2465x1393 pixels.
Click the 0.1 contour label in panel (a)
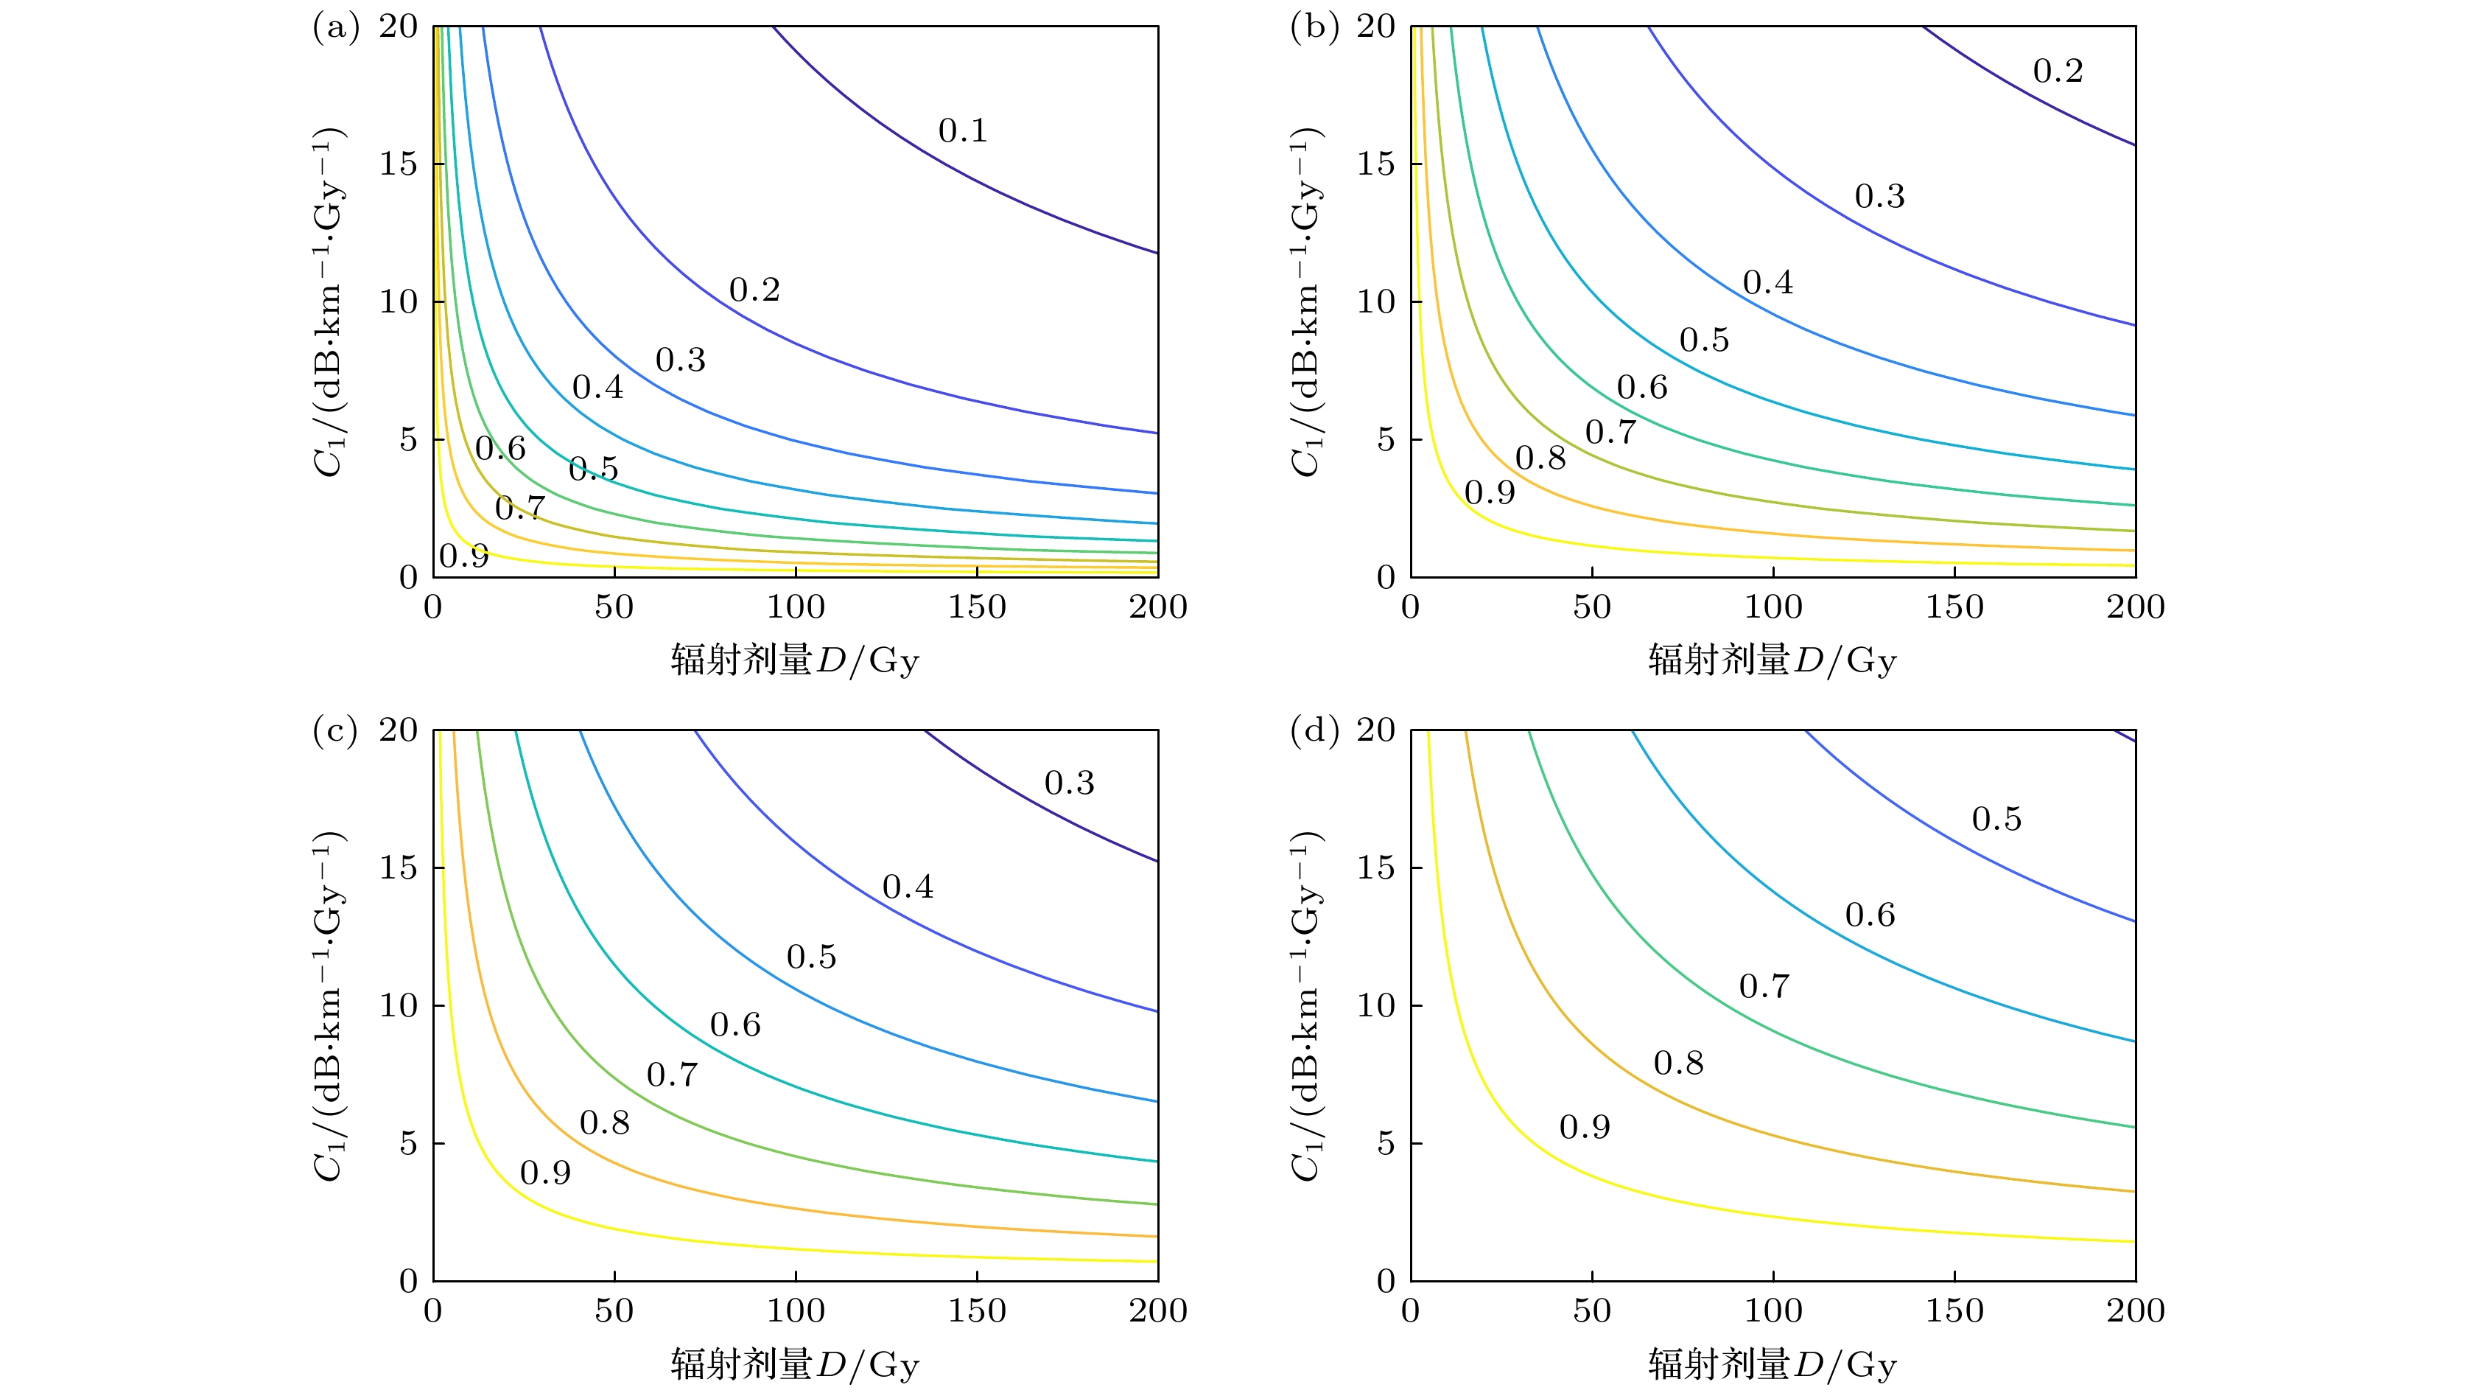tap(963, 131)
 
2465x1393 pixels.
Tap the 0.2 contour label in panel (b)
tap(2058, 71)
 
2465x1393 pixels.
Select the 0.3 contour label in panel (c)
tap(1069, 784)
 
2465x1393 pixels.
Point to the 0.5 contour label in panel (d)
tap(1996, 820)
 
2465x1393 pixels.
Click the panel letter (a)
tap(335, 27)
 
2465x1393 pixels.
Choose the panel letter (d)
tap(1313, 730)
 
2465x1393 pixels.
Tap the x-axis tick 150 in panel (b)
tap(1954, 607)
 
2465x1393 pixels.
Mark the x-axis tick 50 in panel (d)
tap(1591, 1310)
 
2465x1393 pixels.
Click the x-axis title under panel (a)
tap(794, 660)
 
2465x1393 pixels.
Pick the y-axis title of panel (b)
tap(1305, 301)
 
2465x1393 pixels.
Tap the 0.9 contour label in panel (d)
tap(1585, 1128)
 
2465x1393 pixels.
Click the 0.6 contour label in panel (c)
tap(735, 1025)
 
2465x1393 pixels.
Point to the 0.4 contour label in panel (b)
tap(1767, 283)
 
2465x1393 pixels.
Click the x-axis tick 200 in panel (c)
tap(1158, 1310)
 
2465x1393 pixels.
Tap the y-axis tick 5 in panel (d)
tap(1385, 1144)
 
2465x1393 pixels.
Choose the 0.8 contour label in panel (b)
tap(1540, 458)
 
